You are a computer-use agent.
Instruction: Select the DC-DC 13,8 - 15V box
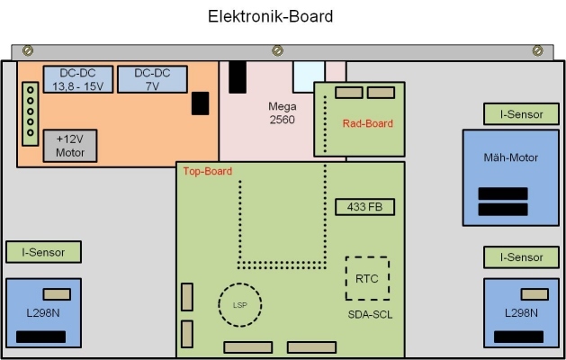[78, 80]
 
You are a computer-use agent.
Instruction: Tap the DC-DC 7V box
[152, 80]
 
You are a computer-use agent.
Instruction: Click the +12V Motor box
[70, 146]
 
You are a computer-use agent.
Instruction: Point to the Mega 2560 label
[283, 112]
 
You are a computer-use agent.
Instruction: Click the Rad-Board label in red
[368, 123]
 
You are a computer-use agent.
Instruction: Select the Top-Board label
[208, 171]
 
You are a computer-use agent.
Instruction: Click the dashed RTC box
[367, 279]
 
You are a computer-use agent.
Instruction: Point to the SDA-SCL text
[369, 315]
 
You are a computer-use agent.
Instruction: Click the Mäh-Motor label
[510, 157]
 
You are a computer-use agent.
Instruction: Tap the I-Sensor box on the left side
[42, 253]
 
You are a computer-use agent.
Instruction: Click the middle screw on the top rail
[283, 50]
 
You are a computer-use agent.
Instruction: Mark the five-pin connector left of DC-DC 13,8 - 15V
[31, 112]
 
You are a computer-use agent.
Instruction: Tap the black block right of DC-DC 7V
[200, 103]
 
